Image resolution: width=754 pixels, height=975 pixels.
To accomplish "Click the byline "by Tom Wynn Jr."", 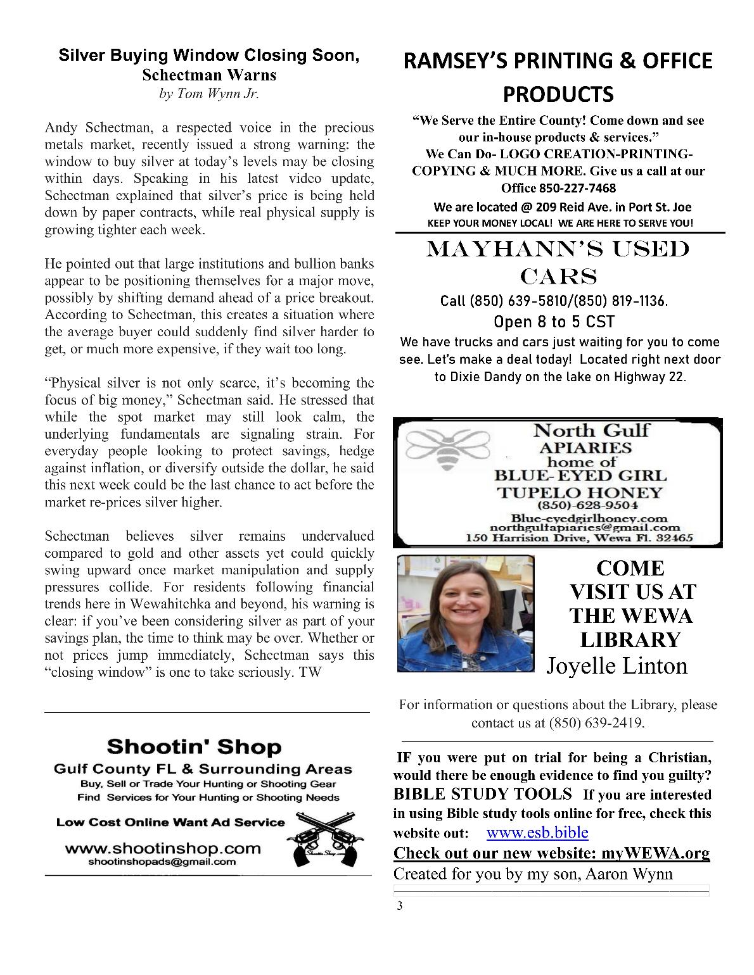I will point(209,94).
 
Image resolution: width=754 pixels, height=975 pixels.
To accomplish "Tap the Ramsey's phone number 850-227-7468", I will point(577,188).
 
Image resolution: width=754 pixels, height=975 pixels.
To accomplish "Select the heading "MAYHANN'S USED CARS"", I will point(558,262).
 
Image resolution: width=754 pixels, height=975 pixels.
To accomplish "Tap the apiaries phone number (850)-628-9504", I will point(587,506).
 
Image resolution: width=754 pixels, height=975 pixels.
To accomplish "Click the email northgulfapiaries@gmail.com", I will point(584,527).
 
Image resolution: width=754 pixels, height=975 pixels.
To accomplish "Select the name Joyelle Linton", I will point(617,666).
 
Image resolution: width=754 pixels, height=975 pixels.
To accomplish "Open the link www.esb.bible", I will point(537,833).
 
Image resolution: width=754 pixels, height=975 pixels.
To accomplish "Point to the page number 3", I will point(399,905).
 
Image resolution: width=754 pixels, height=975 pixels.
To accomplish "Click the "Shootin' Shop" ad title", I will point(194,746).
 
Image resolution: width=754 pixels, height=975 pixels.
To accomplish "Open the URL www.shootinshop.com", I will point(163,848).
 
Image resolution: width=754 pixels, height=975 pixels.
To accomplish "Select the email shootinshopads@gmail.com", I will point(162,862).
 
